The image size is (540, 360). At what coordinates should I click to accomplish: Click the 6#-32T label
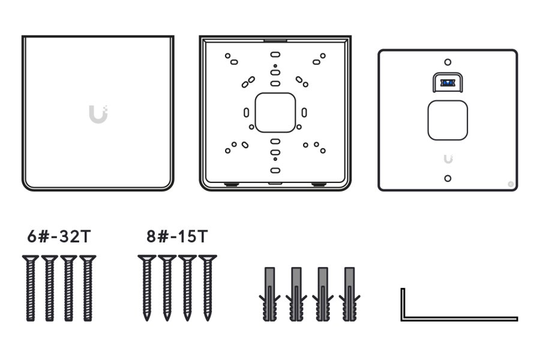point(59,236)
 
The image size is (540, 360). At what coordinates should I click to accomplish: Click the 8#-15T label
point(178,236)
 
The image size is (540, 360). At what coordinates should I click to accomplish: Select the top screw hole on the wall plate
point(448,62)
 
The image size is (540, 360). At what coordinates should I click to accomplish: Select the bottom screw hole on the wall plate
point(448,178)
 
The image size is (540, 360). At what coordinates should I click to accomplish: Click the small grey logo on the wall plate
point(448,158)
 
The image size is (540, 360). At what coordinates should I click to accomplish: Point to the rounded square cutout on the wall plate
point(448,120)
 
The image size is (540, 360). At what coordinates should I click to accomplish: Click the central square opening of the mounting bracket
point(275,112)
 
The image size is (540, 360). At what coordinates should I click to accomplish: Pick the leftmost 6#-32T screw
point(30,288)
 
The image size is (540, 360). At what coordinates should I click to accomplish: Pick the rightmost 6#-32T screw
point(88,288)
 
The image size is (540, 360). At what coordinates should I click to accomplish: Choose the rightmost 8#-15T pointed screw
point(208,288)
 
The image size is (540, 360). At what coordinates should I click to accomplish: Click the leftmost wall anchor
point(270,294)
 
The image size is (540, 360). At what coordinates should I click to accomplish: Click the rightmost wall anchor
point(350,294)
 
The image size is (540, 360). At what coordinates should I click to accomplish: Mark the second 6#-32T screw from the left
point(50,288)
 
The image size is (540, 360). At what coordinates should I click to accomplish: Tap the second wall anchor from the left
point(296,294)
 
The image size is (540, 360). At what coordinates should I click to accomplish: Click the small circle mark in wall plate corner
point(511,184)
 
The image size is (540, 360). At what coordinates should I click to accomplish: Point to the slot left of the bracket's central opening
point(246,112)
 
